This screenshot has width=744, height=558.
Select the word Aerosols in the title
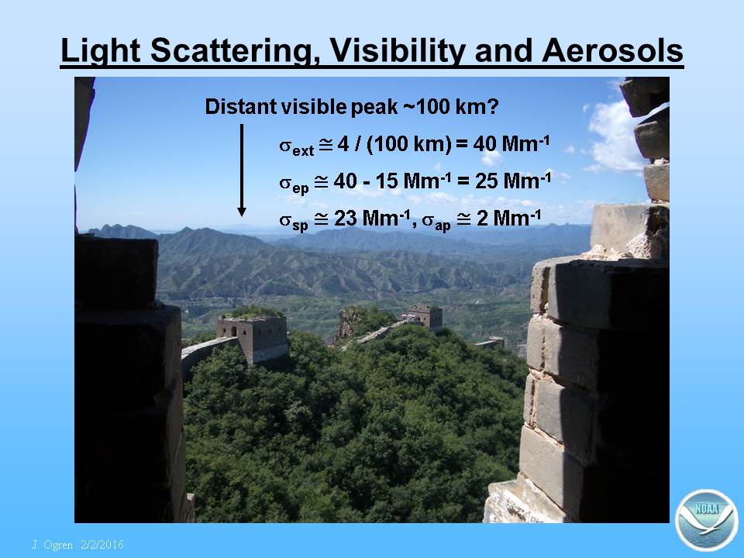(x=612, y=50)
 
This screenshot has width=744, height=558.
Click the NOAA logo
(x=707, y=520)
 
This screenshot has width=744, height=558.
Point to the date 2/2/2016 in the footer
(x=102, y=544)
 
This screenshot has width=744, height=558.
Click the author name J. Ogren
(x=52, y=545)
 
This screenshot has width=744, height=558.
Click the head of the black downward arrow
(x=242, y=211)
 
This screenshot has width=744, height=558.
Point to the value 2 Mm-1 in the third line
(x=508, y=219)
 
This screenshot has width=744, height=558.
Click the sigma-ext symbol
(x=297, y=146)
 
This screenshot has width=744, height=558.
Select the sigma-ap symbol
(x=436, y=222)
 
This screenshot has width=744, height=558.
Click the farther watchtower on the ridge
(x=424, y=316)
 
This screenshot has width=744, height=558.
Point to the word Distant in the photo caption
(x=241, y=106)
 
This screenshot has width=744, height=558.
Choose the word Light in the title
(x=101, y=51)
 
